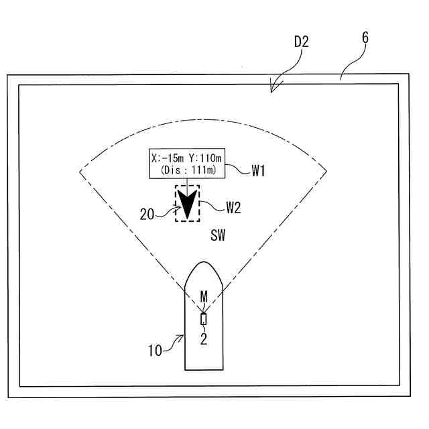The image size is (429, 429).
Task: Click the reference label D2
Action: [x=301, y=42]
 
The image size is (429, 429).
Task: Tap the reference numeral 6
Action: [x=365, y=38]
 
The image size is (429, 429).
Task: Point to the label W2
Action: [x=233, y=207]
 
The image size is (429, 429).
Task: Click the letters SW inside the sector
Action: [x=218, y=236]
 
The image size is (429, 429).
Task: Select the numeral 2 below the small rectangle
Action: [x=204, y=339]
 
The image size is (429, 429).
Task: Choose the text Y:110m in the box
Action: [x=206, y=159]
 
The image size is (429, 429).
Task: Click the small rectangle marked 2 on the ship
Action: [x=204, y=319]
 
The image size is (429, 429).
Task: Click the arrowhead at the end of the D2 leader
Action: [x=272, y=89]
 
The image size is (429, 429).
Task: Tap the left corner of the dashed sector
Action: [x=80, y=171]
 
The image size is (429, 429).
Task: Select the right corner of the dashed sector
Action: [x=328, y=171]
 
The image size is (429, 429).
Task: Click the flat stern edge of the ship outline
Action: [x=204, y=369]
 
